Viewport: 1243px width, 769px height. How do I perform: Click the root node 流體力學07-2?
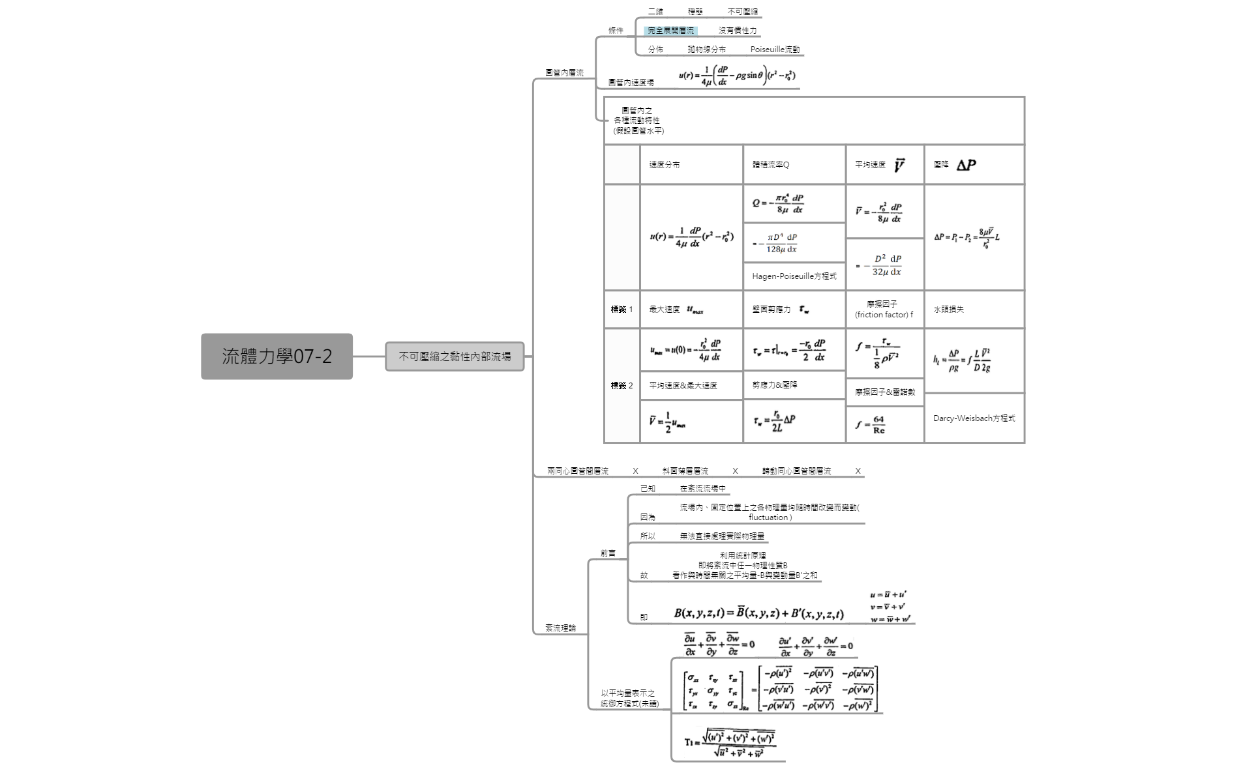click(277, 356)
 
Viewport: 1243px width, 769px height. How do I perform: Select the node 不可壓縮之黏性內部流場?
click(455, 356)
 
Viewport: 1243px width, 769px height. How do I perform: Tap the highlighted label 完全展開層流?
click(670, 31)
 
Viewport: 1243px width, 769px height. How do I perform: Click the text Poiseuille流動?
click(774, 50)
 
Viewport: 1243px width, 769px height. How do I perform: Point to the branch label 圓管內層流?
click(564, 73)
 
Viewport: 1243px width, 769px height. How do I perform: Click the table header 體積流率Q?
click(770, 165)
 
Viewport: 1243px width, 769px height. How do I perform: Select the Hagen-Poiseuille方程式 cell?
click(794, 276)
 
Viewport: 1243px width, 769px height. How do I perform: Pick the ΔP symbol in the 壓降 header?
click(966, 166)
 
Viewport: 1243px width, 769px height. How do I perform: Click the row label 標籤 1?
click(621, 310)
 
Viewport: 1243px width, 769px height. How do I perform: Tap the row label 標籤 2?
click(621, 386)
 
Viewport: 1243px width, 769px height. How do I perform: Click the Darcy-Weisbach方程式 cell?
click(974, 418)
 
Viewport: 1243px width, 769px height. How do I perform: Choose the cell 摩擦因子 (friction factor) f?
click(884, 310)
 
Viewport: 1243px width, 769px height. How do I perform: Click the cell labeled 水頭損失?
click(948, 310)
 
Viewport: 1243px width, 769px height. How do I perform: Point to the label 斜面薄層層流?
click(685, 471)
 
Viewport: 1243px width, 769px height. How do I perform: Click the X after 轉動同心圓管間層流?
click(858, 471)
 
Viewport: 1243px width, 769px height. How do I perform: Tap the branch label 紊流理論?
click(560, 628)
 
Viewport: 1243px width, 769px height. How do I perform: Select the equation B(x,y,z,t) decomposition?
click(758, 613)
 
